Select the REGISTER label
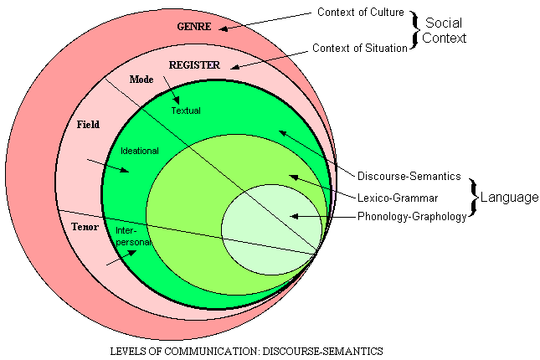pyautogui.click(x=194, y=64)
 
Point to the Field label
pyautogui.click(x=88, y=125)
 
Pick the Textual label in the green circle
pyautogui.click(x=186, y=110)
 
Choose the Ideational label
pyautogui.click(x=140, y=152)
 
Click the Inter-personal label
pyautogui.click(x=132, y=236)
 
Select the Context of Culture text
pyautogui.click(x=360, y=13)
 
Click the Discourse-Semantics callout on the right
pyautogui.click(x=409, y=176)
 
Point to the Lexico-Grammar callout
pyautogui.click(x=397, y=198)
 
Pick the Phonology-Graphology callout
pyautogui.click(x=412, y=217)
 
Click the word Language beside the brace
pyautogui.click(x=508, y=198)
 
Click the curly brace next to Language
pyautogui.click(x=473, y=198)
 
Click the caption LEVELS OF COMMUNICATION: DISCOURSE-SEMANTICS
pyautogui.click(x=247, y=350)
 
